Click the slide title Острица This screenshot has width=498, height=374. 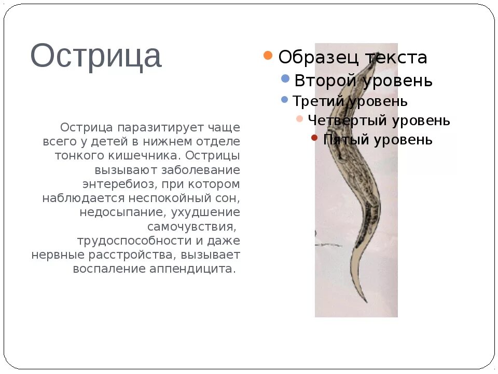pyautogui.click(x=96, y=56)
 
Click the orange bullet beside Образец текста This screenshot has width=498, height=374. pyautogui.click(x=268, y=56)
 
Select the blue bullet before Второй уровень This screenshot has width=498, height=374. pyautogui.click(x=285, y=78)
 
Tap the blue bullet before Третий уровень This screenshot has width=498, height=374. pyautogui.click(x=284, y=99)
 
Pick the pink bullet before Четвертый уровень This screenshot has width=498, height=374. pyautogui.click(x=299, y=119)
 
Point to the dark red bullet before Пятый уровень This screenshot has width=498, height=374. pyautogui.click(x=314, y=138)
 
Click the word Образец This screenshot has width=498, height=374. pyautogui.click(x=318, y=57)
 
